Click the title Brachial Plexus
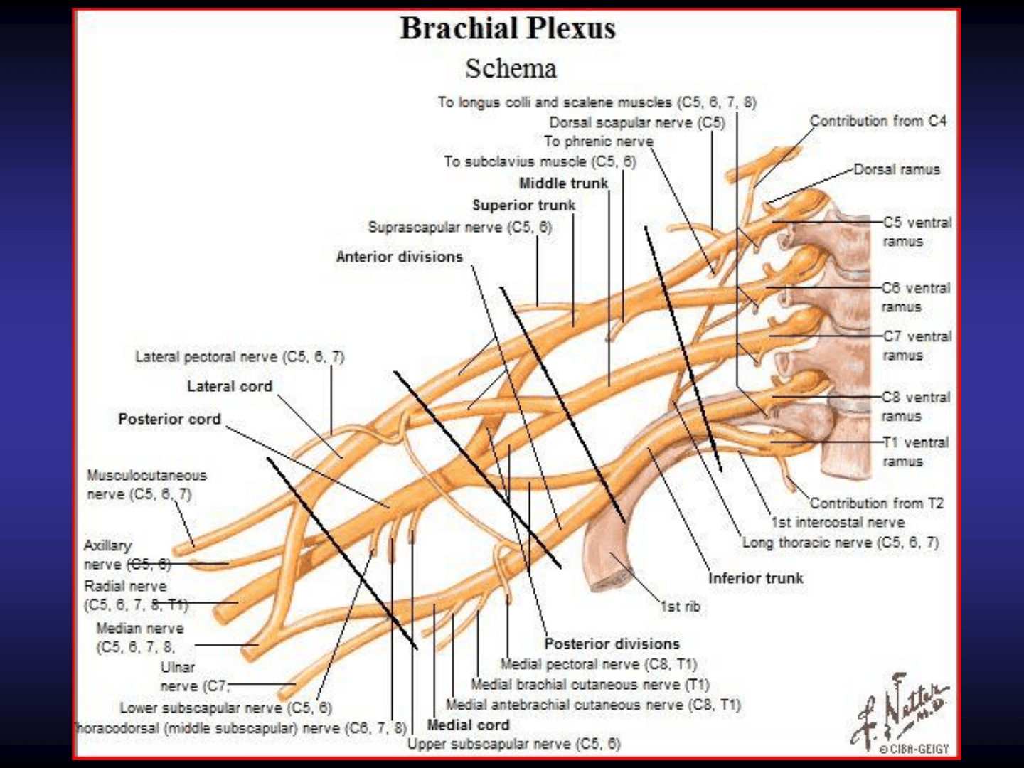(508, 28)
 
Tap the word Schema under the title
(511, 69)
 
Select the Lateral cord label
(230, 386)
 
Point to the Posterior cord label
(169, 419)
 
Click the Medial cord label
(468, 725)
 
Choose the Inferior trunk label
(756, 578)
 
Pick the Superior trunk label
(524, 205)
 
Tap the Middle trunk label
(563, 183)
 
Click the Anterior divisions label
(399, 257)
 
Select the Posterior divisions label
(612, 644)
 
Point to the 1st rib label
(681, 607)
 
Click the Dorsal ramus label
(897, 169)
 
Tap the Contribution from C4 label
(878, 121)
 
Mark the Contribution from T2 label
(877, 503)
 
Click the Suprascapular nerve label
(459, 227)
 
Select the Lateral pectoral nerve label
(240, 356)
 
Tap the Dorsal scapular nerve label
(637, 122)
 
